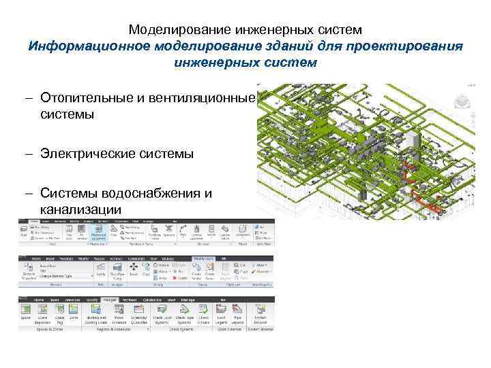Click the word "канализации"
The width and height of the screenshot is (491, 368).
pos(80,209)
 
